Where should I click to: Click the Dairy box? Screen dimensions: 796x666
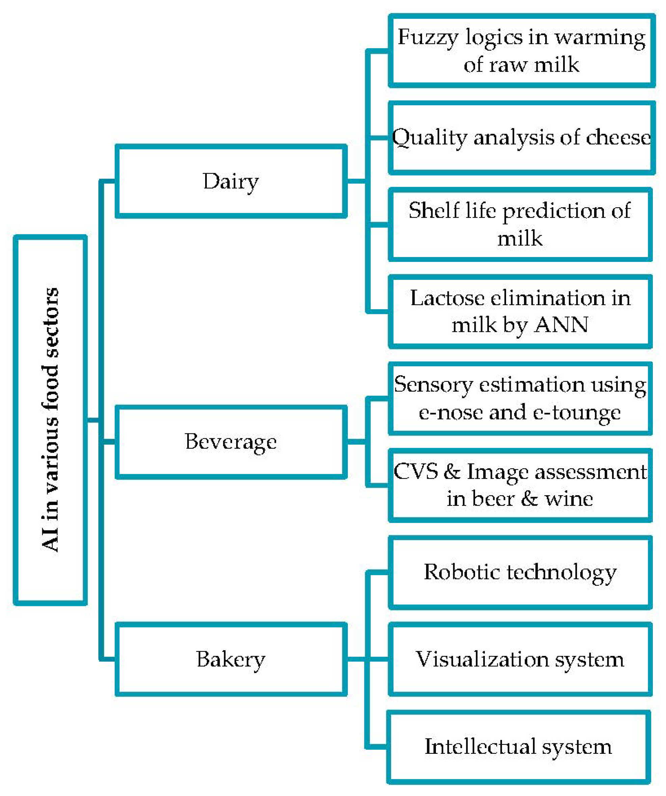(231, 181)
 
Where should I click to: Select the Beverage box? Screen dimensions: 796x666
(231, 442)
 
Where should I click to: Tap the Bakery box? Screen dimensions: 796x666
(231, 659)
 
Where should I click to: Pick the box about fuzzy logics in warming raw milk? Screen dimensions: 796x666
(521, 51)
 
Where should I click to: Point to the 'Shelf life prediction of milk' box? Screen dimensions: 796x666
(520, 224)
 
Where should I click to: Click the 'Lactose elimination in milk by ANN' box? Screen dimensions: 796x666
(520, 311)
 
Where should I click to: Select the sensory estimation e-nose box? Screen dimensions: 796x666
(520, 398)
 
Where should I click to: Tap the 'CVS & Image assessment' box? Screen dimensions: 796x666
(520, 485)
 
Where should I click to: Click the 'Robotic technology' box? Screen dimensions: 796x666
(520, 573)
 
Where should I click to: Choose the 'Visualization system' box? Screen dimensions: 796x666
(520, 659)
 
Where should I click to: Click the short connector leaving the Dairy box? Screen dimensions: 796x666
(356, 181)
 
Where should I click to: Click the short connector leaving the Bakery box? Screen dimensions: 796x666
(356, 659)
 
